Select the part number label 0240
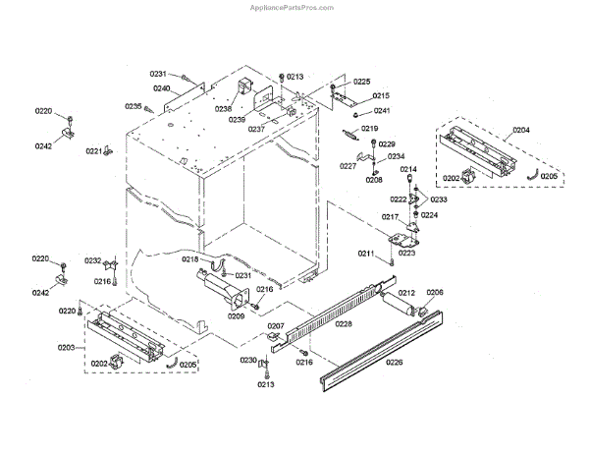161,88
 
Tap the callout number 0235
133,106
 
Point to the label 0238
224,109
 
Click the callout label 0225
362,82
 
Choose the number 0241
381,111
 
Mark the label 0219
369,129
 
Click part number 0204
521,130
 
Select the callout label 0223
406,253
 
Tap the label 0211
366,255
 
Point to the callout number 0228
344,322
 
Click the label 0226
394,363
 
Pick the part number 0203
66,348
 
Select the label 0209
236,316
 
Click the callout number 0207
276,325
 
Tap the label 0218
190,259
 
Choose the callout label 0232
92,260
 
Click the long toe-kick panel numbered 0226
383,349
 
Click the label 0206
435,292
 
